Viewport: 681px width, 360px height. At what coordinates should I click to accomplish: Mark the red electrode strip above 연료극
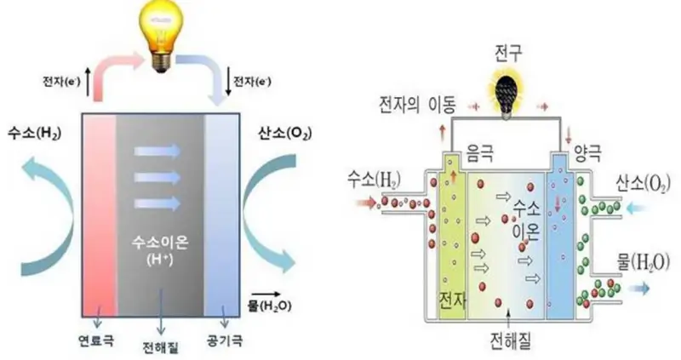coord(100,213)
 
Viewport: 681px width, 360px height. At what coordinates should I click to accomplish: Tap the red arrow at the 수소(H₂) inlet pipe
coord(363,203)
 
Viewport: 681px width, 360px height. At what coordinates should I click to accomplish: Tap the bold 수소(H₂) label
coord(34,134)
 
